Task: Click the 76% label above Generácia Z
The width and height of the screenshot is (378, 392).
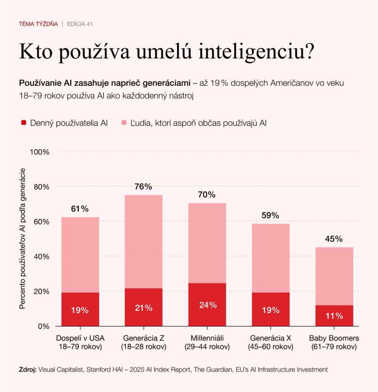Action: point(143,187)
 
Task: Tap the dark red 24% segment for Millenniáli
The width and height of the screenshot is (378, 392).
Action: point(207,305)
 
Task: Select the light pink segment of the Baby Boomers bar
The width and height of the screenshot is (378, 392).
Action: point(334,276)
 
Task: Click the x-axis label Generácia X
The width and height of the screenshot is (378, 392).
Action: point(270,338)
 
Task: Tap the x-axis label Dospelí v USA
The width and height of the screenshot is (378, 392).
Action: point(80,338)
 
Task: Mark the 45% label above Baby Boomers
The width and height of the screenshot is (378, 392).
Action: point(334,239)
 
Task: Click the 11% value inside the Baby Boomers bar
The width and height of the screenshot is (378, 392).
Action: point(334,316)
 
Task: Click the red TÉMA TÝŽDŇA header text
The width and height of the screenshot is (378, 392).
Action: point(38,24)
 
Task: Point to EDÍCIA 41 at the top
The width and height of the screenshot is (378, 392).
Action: point(80,24)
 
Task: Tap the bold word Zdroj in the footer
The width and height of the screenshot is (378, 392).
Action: point(28,370)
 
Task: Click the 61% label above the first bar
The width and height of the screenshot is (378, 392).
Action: point(80,209)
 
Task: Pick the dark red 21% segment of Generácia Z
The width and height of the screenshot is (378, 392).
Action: point(143,307)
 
